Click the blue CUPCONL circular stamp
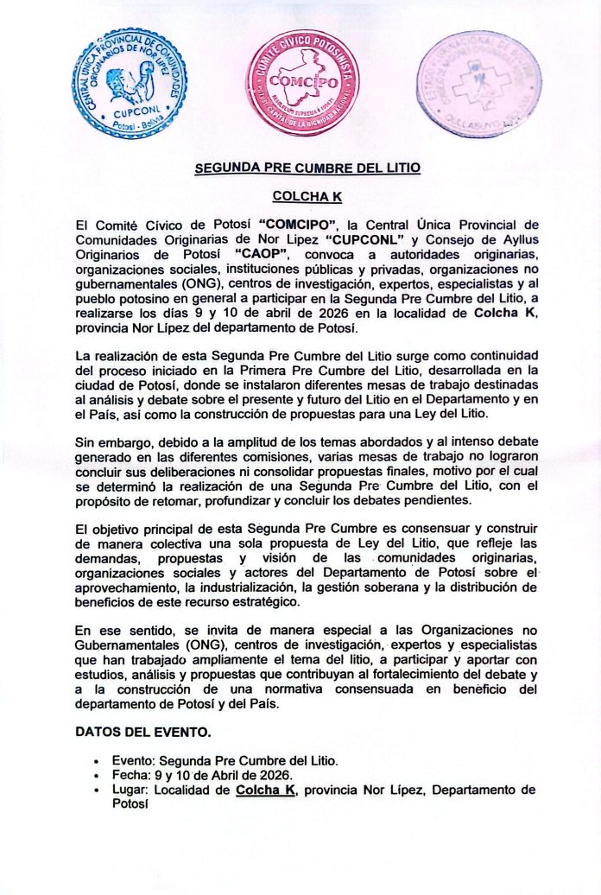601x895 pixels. (130, 83)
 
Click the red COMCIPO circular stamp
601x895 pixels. (302, 83)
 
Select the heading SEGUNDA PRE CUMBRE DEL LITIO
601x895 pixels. (307, 168)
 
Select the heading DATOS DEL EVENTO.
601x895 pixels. (142, 732)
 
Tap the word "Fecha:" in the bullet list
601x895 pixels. (130, 775)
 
